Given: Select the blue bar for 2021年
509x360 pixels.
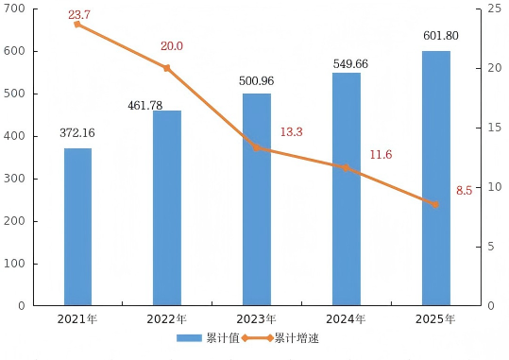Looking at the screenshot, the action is [x=77, y=227].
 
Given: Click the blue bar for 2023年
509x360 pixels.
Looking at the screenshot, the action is [x=257, y=199].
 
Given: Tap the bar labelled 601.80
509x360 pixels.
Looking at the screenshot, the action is [x=436, y=178].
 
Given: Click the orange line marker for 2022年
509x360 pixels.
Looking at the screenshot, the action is [x=167, y=68].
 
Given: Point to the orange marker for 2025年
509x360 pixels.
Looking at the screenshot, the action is [x=435, y=204].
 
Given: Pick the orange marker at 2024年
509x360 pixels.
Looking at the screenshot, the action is [x=346, y=167].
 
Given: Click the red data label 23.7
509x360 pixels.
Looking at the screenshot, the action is [x=79, y=14].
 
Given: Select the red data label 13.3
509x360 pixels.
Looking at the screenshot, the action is [x=292, y=132].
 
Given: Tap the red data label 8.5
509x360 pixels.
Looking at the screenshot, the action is [x=465, y=191].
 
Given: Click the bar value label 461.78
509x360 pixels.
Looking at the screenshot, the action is [x=145, y=106].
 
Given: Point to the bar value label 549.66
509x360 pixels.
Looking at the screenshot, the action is [x=350, y=63].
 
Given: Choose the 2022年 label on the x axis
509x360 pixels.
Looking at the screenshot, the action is [x=167, y=319].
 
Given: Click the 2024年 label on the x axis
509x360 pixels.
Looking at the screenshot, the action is [x=346, y=319].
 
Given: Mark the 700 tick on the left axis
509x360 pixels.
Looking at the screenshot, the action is [x=14, y=9].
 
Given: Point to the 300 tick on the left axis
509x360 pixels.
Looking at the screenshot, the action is [x=14, y=179].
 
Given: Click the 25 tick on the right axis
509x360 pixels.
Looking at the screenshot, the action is [x=495, y=9].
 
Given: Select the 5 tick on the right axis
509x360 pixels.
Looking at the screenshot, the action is [x=491, y=247].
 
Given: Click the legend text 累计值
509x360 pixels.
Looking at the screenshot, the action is [x=223, y=338].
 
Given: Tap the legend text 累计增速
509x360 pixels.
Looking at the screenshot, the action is [x=297, y=338].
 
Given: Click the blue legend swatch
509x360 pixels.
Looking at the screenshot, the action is [x=189, y=338].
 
